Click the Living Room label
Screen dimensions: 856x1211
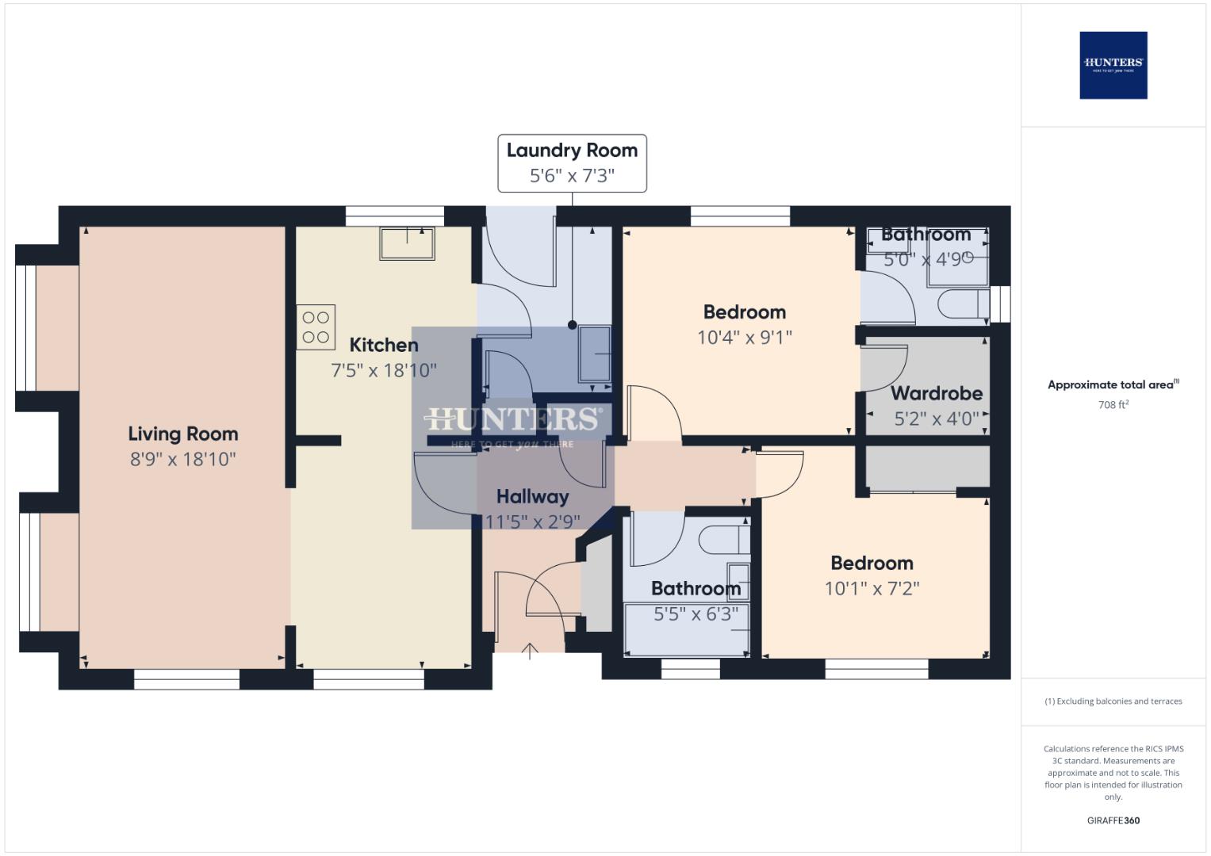pyautogui.click(x=183, y=434)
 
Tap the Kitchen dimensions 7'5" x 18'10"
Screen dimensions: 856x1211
pyautogui.click(x=384, y=370)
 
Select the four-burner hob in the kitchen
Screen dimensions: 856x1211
pyautogui.click(x=316, y=327)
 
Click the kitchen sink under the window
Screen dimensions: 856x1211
pyautogui.click(x=407, y=243)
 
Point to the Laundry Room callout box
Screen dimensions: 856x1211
pyautogui.click(x=572, y=163)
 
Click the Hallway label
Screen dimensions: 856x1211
pyautogui.click(x=532, y=497)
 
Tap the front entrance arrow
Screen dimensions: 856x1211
pyautogui.click(x=530, y=652)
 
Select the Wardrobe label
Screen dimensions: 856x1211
pyautogui.click(x=937, y=393)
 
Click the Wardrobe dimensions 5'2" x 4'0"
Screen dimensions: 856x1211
pyautogui.click(x=937, y=418)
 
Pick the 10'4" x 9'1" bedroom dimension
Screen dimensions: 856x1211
pyautogui.click(x=744, y=338)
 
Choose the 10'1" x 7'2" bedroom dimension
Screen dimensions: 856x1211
pyautogui.click(x=872, y=588)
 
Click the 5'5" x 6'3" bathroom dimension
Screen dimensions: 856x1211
pyautogui.click(x=696, y=613)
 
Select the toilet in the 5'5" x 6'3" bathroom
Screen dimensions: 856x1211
pyautogui.click(x=723, y=540)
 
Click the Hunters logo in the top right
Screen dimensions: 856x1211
pyautogui.click(x=1113, y=65)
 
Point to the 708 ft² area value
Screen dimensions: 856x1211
pyautogui.click(x=1113, y=405)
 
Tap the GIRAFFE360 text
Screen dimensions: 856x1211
pyautogui.click(x=1113, y=820)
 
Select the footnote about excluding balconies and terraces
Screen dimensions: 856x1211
pyautogui.click(x=1113, y=701)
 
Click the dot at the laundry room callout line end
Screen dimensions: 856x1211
pyautogui.click(x=573, y=325)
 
